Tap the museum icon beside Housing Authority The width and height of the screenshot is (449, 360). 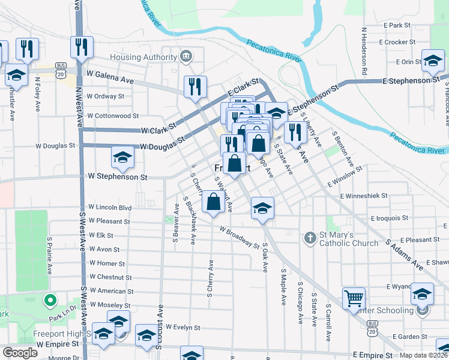tap(186, 57)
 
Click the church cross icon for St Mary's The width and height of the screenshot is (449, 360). tap(310, 238)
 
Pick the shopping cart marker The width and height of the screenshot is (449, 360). tap(354, 298)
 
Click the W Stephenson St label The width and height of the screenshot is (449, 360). tap(118, 177)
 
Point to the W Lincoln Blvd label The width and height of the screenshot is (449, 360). tap(110, 208)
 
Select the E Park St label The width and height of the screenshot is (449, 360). tap(399, 25)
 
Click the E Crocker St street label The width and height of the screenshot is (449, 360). tap(397, 42)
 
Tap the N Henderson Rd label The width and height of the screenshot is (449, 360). tap(364, 51)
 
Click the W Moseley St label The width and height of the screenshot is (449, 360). tap(110, 305)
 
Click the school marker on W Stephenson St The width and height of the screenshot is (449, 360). tap(122, 157)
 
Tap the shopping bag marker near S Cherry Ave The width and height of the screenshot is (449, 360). tap(213, 202)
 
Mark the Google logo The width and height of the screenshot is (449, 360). tap(20, 353)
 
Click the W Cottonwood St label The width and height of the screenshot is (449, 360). tap(113, 116)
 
